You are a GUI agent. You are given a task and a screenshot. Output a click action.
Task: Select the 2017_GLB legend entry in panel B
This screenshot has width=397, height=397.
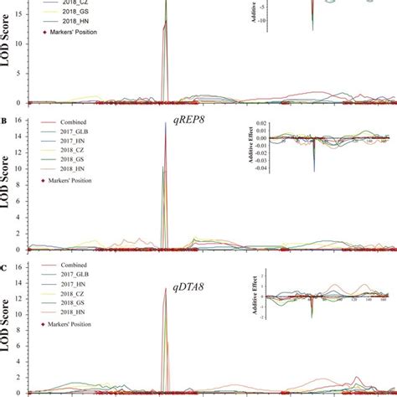pyautogui.click(x=71, y=134)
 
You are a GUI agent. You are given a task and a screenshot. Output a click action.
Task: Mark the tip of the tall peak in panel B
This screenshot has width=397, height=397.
pyautogui.click(x=166, y=123)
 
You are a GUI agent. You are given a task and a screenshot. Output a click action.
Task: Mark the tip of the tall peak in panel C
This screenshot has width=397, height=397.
pyautogui.click(x=166, y=287)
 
